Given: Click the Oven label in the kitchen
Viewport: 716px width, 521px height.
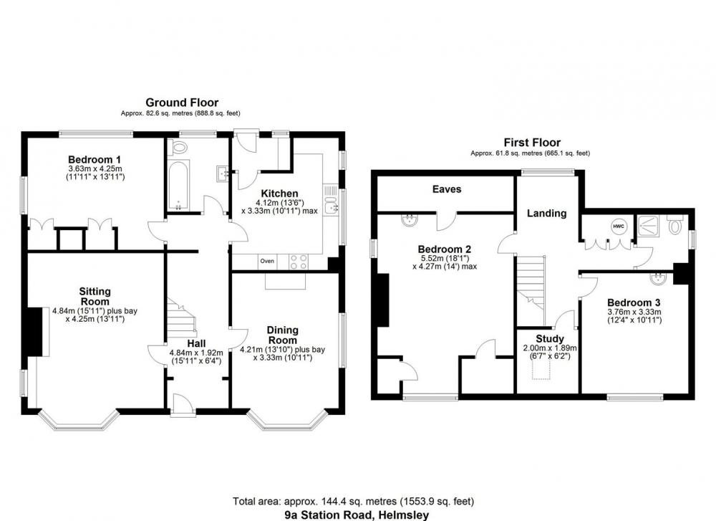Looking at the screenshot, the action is pos(267,261).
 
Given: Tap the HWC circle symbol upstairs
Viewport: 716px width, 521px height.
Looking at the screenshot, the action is pos(619,226).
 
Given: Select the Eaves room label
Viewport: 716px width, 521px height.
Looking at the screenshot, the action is pos(447,189).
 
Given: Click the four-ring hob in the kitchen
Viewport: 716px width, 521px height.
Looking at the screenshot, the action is pos(299,262).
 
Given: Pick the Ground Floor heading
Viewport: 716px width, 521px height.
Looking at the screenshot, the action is pos(182,102).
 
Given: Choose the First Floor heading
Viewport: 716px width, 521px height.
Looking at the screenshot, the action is pos(532,143).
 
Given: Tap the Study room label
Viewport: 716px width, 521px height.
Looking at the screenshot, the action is pos(550,339).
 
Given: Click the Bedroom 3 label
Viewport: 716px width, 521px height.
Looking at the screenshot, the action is pos(634,302).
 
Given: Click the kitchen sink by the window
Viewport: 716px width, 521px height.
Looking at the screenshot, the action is pos(331,209).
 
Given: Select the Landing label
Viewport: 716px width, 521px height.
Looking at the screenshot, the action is pos(546,214).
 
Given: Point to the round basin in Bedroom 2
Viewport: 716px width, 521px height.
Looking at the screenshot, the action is pos(410,220).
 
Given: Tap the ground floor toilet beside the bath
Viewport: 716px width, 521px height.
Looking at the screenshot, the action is pos(178,148).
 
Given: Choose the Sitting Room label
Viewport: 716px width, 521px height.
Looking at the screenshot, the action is pos(95,296).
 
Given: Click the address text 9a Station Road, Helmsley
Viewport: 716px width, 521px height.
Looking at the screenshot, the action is pos(357,515).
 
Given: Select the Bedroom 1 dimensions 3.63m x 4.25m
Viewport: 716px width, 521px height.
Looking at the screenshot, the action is pos(95,168).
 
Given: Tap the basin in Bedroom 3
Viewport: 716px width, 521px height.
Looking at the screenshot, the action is pos(659,278).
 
